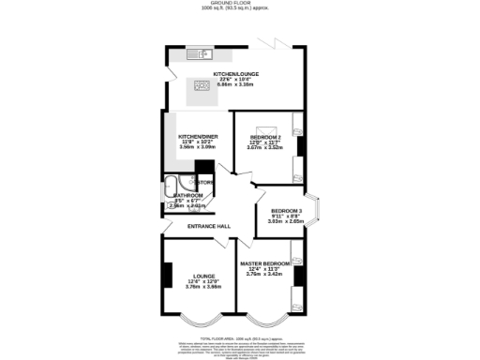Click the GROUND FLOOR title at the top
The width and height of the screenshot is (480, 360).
tap(240, 4)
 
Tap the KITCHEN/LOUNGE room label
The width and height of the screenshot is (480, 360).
tap(235, 73)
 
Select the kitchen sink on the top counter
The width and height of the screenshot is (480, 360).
tap(198, 52)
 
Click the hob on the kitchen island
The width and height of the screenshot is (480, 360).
tap(202, 86)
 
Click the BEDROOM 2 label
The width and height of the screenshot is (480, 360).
tap(265, 137)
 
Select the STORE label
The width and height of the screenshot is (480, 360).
tap(205, 181)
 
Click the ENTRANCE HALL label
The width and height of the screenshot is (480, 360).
tap(209, 226)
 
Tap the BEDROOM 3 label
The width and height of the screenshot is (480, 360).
tap(287, 211)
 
